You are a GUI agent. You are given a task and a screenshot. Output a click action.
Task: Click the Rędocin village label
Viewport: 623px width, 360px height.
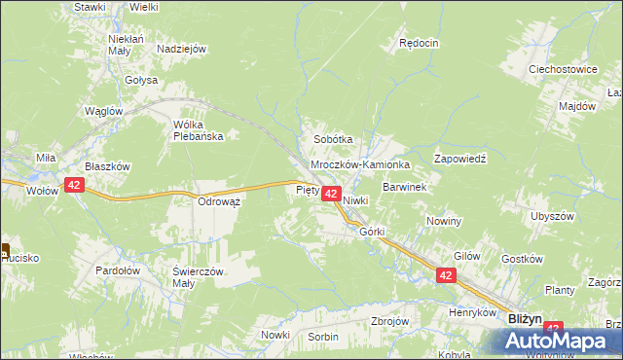(x=420, y=43)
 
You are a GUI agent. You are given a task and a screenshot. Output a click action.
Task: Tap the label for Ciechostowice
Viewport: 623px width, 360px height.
(x=562, y=70)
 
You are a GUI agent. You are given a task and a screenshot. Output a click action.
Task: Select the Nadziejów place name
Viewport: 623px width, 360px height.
(x=181, y=49)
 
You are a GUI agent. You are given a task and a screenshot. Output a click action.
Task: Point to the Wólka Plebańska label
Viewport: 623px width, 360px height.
(x=198, y=130)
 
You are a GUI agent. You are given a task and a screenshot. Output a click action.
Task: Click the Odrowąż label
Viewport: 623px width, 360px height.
(x=219, y=200)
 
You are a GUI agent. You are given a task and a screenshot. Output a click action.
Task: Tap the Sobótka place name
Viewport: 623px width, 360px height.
(x=332, y=139)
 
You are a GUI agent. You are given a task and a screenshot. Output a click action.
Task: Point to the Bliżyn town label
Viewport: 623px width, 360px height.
(x=526, y=318)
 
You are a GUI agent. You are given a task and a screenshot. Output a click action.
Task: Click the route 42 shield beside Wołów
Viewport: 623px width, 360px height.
(x=74, y=183)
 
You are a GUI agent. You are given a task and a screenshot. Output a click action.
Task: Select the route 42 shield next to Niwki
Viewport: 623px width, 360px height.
(x=330, y=196)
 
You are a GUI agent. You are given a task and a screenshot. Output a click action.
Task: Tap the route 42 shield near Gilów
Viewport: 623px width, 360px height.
(x=446, y=276)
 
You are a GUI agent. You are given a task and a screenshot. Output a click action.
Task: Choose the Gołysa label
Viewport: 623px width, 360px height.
(x=141, y=81)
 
